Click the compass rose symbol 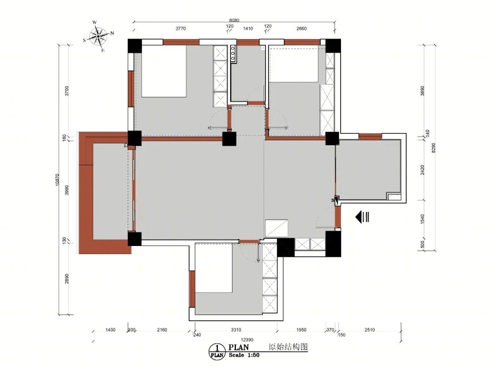pos(99,36)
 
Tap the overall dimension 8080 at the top pos(234,20)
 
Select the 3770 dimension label pos(180,29)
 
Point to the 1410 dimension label pos(248,29)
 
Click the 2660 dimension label pos(301,29)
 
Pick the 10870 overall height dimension pos(57,180)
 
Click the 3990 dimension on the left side pos(66,190)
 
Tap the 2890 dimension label pos(66,279)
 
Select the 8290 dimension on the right pos(433,148)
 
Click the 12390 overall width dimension pos(247,339)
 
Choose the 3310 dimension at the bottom pos(236,330)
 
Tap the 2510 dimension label pos(370,330)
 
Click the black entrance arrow pos(363,216)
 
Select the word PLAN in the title pos(239,347)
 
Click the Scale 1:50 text pos(244,355)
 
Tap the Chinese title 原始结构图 pos(288,347)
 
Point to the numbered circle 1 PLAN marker pos(217,352)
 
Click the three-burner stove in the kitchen pos(233,54)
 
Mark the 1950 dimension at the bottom pos(301,330)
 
